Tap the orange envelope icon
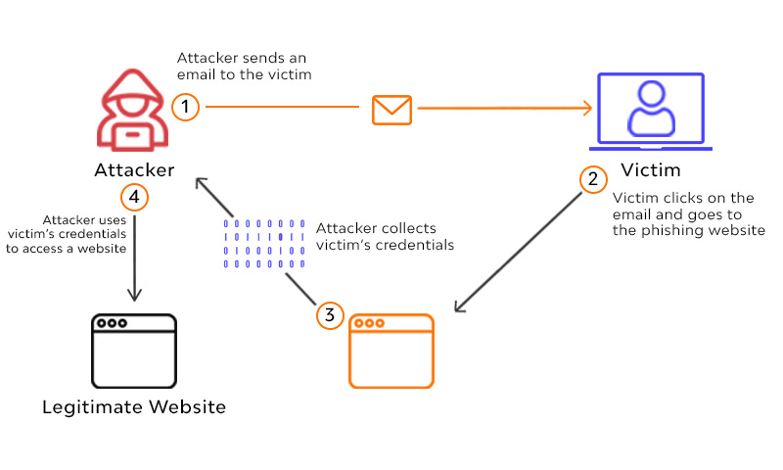click(x=391, y=109)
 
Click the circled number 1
click(x=184, y=106)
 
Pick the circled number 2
click(x=591, y=179)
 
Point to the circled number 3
click(x=330, y=315)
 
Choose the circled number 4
click(x=135, y=197)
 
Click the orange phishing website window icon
click(x=391, y=351)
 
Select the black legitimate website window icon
click(x=133, y=351)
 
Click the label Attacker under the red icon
click(x=135, y=170)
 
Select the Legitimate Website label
click(x=134, y=406)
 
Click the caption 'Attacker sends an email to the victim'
click(x=245, y=67)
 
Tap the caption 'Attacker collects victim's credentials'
click(x=386, y=236)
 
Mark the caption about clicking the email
click(x=688, y=214)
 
